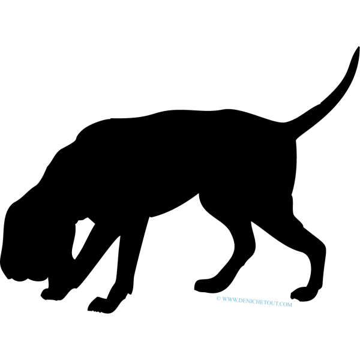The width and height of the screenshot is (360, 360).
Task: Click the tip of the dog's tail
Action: tap(358, 47)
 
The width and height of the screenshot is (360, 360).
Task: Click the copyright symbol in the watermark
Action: tap(218, 298)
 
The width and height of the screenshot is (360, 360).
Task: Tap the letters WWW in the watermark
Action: tap(230, 299)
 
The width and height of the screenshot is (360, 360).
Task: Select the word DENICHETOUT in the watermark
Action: tap(258, 302)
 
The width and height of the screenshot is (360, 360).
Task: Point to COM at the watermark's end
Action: tap(286, 304)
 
